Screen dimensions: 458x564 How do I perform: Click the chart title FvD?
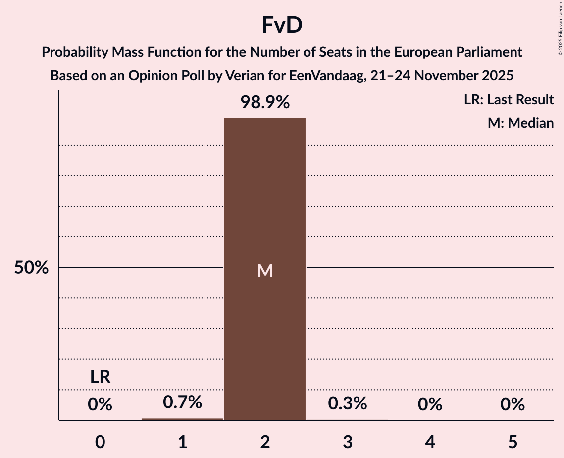(x=282, y=26)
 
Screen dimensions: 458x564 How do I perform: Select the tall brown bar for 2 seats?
(x=265, y=322)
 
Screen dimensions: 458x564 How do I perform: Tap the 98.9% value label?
(x=265, y=103)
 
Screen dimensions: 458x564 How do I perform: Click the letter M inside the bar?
(x=265, y=271)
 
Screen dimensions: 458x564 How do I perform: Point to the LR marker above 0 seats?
(x=100, y=377)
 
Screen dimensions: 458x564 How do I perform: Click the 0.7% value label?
(x=182, y=402)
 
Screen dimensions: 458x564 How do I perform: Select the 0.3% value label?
(x=348, y=403)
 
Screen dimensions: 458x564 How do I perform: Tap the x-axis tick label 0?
(x=100, y=442)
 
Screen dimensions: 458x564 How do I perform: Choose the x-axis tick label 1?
(x=182, y=442)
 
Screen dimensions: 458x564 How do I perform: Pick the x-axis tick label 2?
(x=265, y=442)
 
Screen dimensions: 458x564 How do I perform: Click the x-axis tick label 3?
(x=348, y=442)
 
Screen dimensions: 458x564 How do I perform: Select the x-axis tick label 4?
(x=430, y=442)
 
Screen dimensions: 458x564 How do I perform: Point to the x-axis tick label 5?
(x=513, y=442)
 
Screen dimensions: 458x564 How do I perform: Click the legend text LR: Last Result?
(x=509, y=100)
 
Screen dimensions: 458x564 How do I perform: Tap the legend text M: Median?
(x=520, y=123)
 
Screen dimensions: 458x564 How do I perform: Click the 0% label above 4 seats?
(x=430, y=405)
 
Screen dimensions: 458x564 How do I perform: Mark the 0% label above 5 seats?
(x=513, y=405)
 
